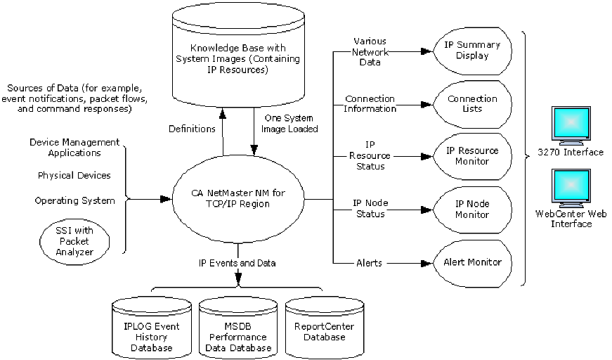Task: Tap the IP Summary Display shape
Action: coord(472,51)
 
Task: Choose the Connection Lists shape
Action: coord(472,104)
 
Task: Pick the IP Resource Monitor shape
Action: coord(472,156)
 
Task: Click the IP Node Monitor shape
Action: coord(472,209)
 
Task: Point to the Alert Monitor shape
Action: coord(472,262)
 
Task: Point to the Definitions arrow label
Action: coord(192,129)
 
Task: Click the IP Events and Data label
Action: coord(237,263)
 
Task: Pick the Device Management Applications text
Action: coord(74,147)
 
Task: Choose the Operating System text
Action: coord(74,200)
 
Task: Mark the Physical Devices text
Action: coord(74,175)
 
